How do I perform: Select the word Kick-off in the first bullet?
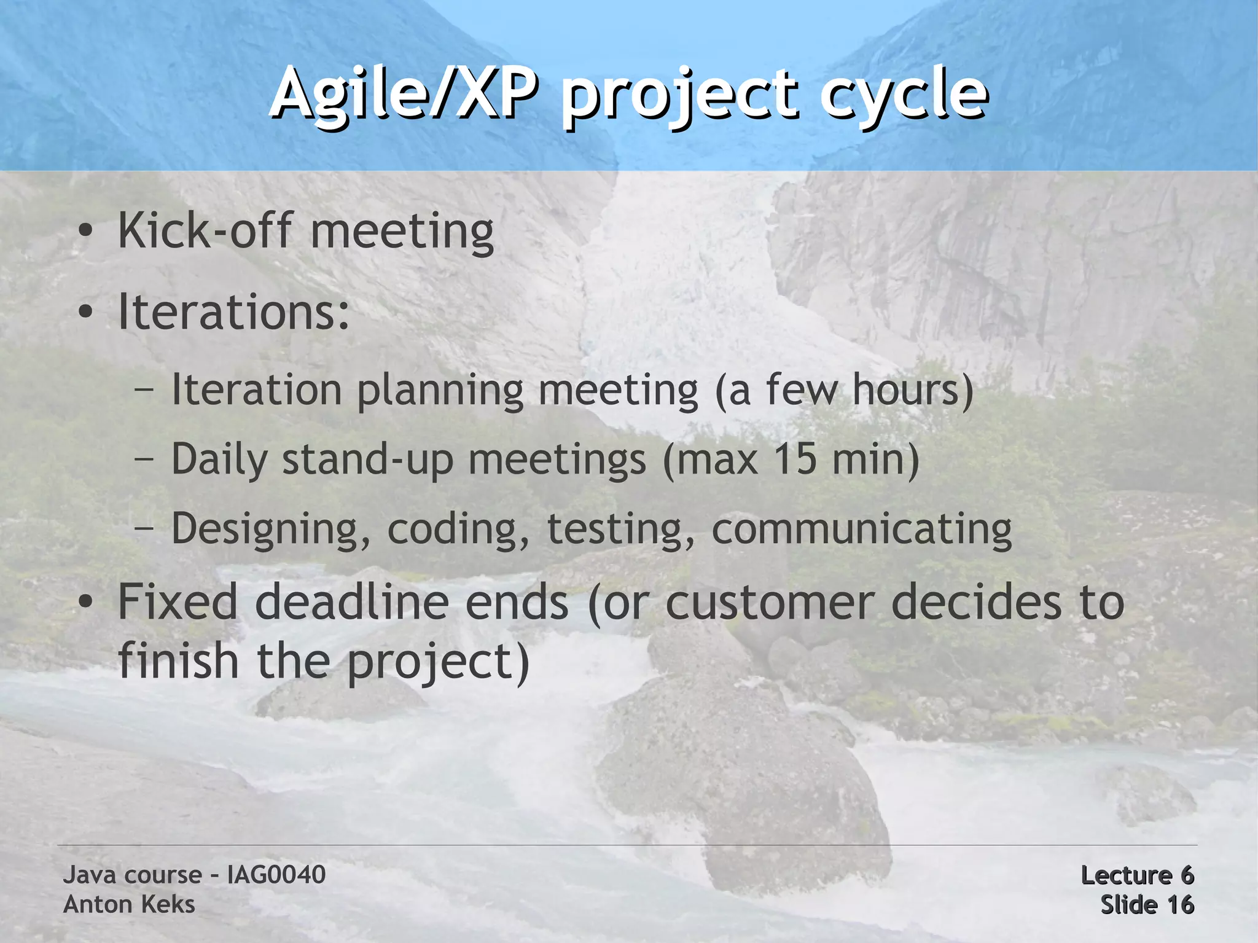[x=205, y=231]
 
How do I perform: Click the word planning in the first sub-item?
[x=440, y=391]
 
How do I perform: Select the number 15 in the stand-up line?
[x=795, y=460]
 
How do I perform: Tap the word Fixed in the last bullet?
[x=178, y=603]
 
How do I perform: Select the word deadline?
[x=351, y=603]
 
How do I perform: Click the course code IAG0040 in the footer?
[x=276, y=875]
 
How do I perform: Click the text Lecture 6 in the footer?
[x=1137, y=875]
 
